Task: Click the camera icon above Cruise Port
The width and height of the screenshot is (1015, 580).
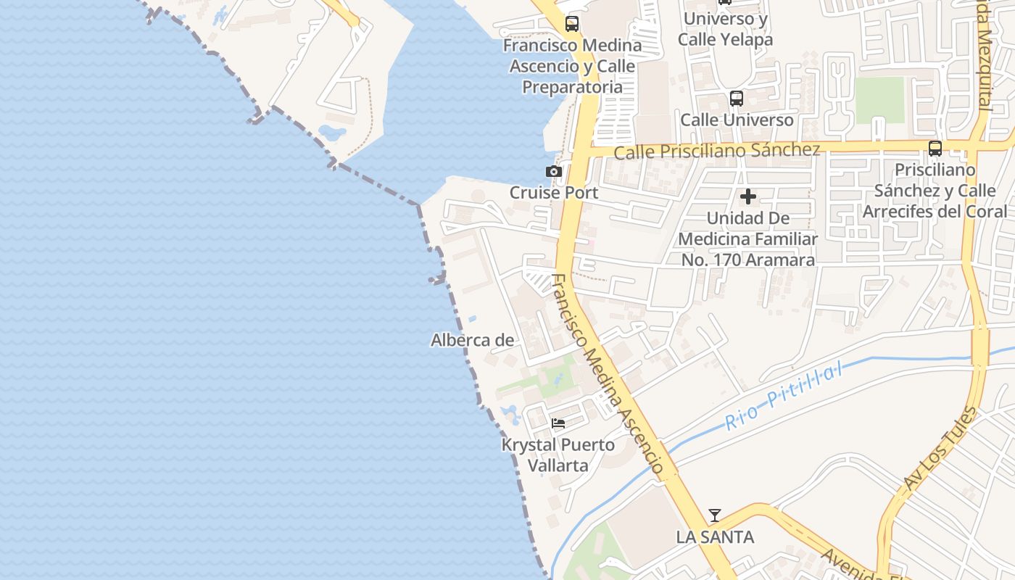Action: pos(554,172)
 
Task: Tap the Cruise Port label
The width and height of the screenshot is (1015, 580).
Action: pos(554,193)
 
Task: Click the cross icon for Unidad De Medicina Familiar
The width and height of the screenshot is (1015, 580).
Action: pos(748,196)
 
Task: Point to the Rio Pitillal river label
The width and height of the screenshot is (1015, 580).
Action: pos(784,397)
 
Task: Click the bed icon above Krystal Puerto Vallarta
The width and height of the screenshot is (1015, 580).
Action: pos(558,423)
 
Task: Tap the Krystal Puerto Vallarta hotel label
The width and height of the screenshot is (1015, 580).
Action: pos(558,455)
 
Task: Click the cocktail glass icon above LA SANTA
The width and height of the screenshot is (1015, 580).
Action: pos(715,515)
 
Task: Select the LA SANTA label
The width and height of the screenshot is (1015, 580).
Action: pos(715,537)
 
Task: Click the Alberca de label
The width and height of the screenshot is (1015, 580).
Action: pos(473,340)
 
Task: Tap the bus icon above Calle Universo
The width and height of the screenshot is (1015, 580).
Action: pos(737,99)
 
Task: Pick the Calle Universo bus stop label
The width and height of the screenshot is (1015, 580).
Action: pos(737,120)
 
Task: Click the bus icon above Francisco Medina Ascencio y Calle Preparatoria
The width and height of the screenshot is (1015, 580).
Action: pos(572,24)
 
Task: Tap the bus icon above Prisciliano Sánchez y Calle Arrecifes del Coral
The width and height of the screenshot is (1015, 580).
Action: pos(935,149)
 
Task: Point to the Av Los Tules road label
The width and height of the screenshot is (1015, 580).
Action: pos(940,449)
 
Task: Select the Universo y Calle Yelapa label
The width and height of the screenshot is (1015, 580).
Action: pos(725,29)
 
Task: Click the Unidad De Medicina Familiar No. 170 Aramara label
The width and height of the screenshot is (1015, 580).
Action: pos(748,239)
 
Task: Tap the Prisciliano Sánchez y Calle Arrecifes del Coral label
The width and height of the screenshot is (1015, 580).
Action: pos(935,191)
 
